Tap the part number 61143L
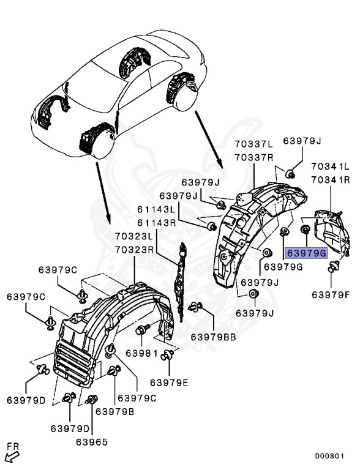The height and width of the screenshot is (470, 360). pos(157,210)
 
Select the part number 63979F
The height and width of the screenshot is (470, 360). pos(331,294)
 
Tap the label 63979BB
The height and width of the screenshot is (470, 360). pos(214,337)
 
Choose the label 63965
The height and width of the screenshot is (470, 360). pos(92,441)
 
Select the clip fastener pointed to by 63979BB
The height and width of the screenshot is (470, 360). pos(196,307)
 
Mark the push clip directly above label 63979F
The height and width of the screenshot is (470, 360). pos(334,266)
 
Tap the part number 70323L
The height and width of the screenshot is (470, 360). pos(133,236)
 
